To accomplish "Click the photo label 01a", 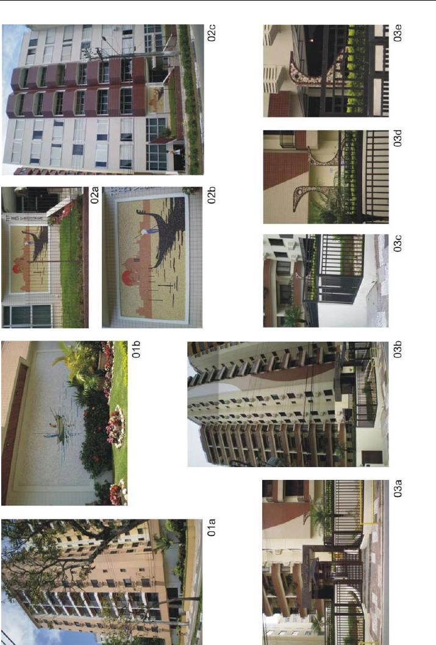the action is pyautogui.click(x=212, y=527).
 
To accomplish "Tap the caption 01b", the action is pyautogui.click(x=136, y=349).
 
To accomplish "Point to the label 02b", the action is pyautogui.click(x=212, y=196).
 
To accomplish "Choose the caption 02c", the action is pyautogui.click(x=212, y=33).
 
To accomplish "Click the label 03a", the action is pyautogui.click(x=398, y=488).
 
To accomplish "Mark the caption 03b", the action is pyautogui.click(x=398, y=350).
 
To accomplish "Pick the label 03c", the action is pyautogui.click(x=398, y=243).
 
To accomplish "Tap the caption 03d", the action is pyautogui.click(x=398, y=138).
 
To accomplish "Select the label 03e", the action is pyautogui.click(x=398, y=33).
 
